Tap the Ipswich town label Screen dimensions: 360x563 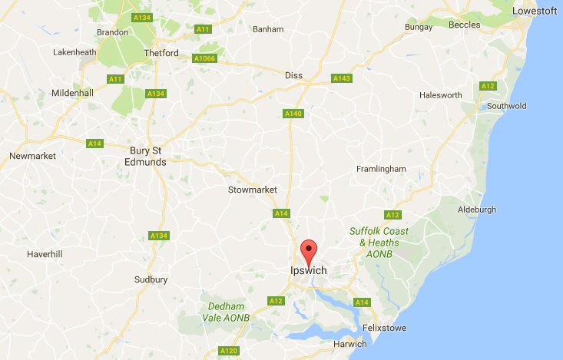tap(309, 271)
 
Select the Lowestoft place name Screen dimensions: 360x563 tap(535, 11)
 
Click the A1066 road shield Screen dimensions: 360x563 tap(205, 58)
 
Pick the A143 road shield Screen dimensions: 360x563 tap(341, 78)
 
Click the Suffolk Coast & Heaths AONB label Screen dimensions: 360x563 tap(379, 242)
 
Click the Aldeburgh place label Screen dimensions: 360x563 tap(477, 209)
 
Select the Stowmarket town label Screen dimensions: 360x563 tap(253, 190)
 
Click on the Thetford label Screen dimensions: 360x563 tap(161, 53)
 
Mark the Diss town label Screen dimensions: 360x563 tap(294, 75)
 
